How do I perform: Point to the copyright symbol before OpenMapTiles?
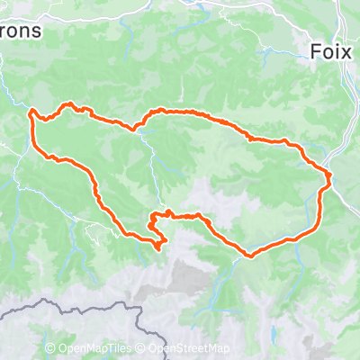pyautogui.click(x=50, y=349)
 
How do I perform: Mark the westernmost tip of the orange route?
pyautogui.click(x=31, y=112)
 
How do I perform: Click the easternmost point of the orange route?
pyautogui.click(x=329, y=175)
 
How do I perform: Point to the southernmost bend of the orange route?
pyautogui.click(x=247, y=256)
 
